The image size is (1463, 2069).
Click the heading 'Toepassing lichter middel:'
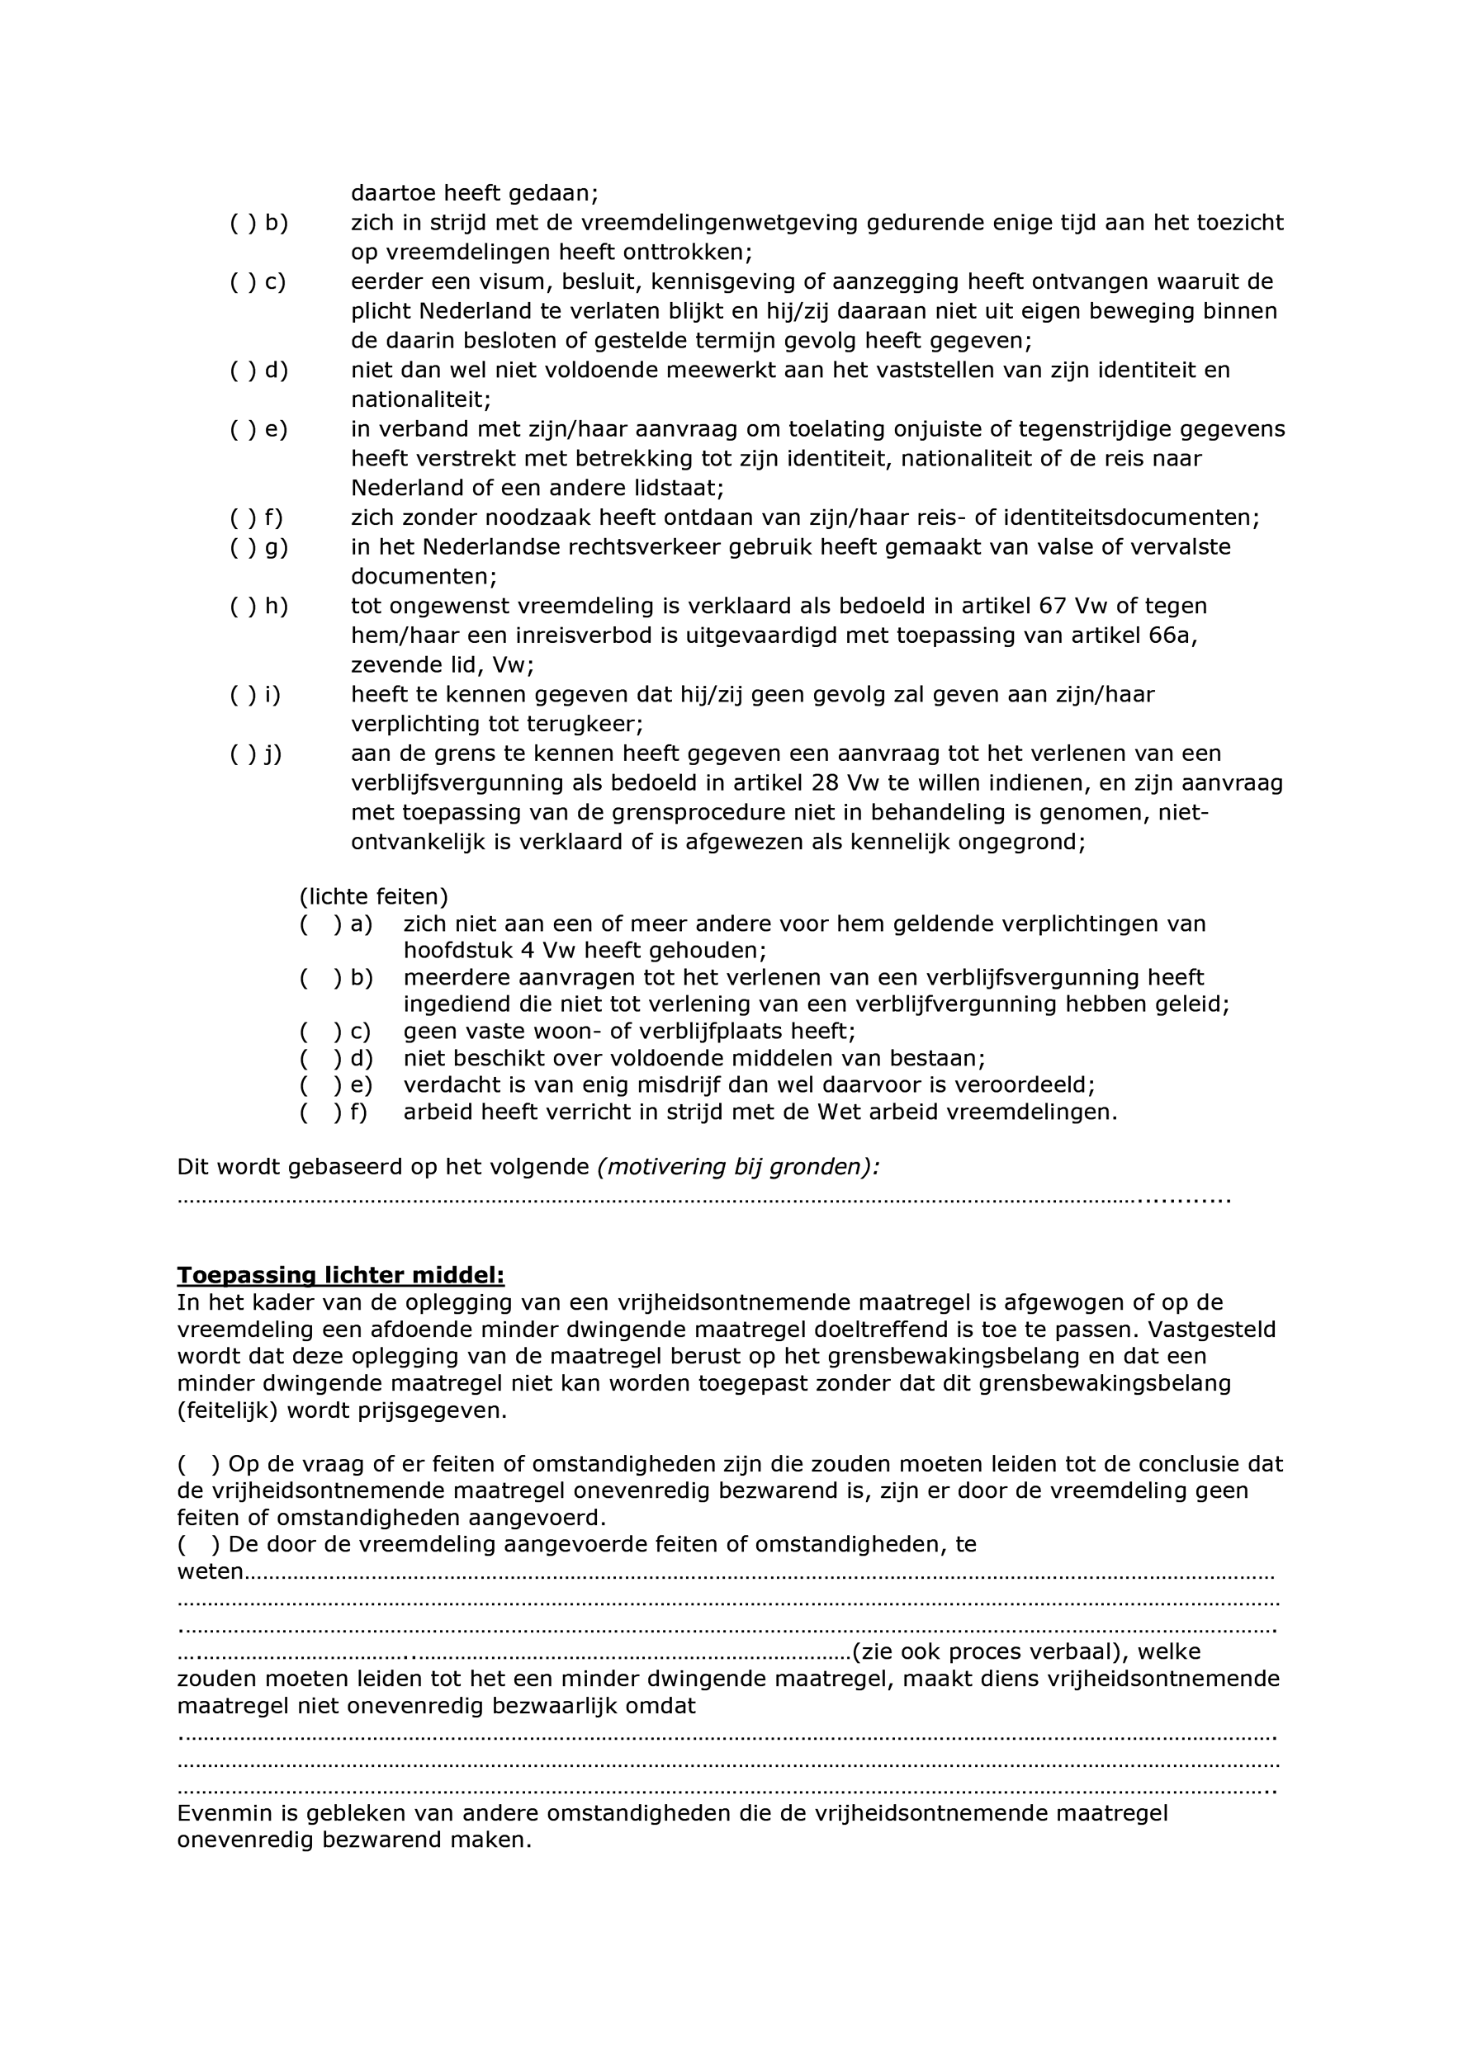click(340, 1275)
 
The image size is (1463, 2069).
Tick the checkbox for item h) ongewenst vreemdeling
click(244, 607)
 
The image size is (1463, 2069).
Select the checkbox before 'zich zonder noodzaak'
click(244, 518)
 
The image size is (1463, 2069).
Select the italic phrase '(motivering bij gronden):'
click(738, 1167)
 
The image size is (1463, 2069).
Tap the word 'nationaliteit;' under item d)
click(421, 399)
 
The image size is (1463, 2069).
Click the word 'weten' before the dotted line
click(210, 1571)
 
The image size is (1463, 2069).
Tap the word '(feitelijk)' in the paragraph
click(227, 1410)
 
